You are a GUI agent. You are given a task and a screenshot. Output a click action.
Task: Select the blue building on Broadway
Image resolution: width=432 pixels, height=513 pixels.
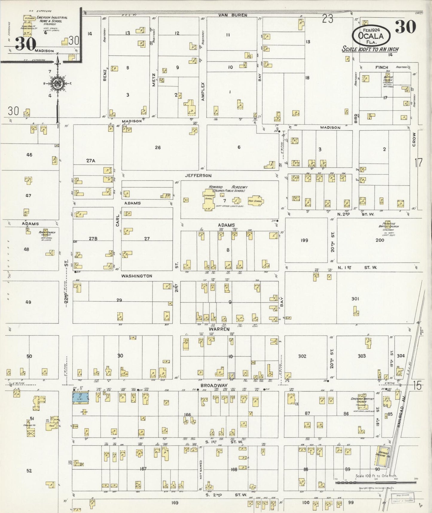(x=81, y=398)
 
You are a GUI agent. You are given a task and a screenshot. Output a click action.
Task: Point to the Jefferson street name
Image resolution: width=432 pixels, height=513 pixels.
(x=198, y=176)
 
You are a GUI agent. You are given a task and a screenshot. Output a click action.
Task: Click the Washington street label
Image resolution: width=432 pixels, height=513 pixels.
(x=137, y=276)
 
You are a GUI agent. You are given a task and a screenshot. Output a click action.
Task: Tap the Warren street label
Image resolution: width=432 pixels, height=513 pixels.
(x=221, y=329)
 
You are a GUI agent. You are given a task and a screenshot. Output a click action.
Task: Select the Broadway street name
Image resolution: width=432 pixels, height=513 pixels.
(x=214, y=385)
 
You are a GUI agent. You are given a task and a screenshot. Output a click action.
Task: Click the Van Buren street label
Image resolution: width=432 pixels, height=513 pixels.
(x=233, y=15)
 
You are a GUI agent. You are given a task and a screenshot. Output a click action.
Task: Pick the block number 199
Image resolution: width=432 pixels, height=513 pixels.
(x=305, y=240)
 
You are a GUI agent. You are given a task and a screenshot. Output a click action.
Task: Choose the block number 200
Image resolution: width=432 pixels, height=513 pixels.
(x=380, y=240)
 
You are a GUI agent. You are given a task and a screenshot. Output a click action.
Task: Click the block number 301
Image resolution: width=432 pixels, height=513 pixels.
(x=355, y=298)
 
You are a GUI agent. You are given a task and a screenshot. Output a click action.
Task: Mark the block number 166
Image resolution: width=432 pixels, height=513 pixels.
(x=187, y=415)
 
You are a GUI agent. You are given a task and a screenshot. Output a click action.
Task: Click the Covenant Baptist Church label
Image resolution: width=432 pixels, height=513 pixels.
(x=362, y=401)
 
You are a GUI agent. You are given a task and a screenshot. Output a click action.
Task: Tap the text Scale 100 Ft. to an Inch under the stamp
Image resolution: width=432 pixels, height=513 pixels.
(x=370, y=49)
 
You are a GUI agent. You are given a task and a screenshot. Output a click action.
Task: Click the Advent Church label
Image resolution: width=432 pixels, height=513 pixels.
(x=45, y=233)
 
